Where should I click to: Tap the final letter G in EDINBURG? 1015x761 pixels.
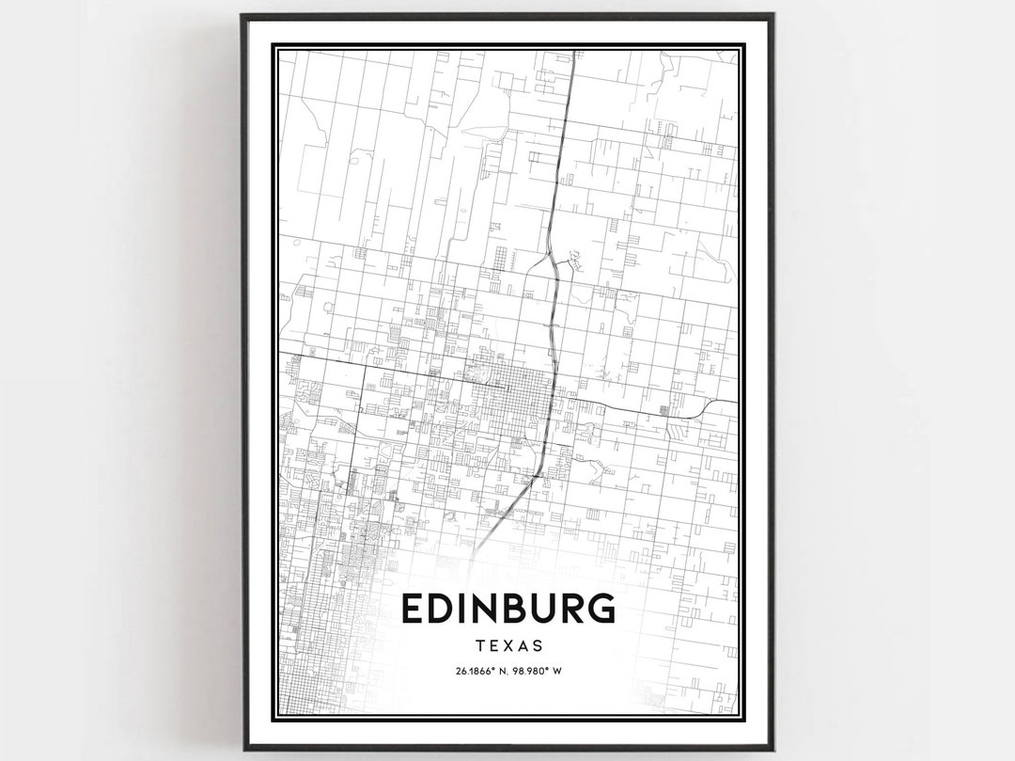(x=601, y=610)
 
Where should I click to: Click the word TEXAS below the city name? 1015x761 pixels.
(x=509, y=646)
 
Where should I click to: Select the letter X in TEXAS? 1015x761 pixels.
(x=509, y=646)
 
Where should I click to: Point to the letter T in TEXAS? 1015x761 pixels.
(x=481, y=646)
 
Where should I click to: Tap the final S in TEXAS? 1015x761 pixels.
(x=538, y=646)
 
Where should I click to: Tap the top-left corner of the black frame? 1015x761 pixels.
(x=242, y=15)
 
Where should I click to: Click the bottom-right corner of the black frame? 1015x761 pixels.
(x=773, y=749)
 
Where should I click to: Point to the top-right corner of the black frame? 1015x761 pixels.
(x=773, y=15)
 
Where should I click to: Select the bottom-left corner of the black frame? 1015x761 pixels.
(x=242, y=749)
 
